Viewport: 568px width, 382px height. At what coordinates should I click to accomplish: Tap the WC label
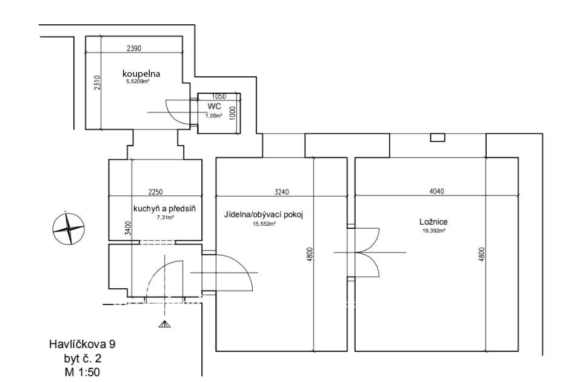(213, 106)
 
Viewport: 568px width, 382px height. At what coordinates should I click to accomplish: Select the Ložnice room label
(428, 222)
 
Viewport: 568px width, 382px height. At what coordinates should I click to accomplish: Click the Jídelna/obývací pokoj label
(263, 215)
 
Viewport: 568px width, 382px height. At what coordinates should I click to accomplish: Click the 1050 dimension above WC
(218, 97)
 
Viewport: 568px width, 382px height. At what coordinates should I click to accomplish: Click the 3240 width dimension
(281, 192)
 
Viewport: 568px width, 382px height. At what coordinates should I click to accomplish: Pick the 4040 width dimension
(436, 192)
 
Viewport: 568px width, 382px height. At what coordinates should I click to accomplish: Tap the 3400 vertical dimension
(127, 228)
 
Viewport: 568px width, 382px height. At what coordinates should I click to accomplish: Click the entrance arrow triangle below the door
(164, 324)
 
